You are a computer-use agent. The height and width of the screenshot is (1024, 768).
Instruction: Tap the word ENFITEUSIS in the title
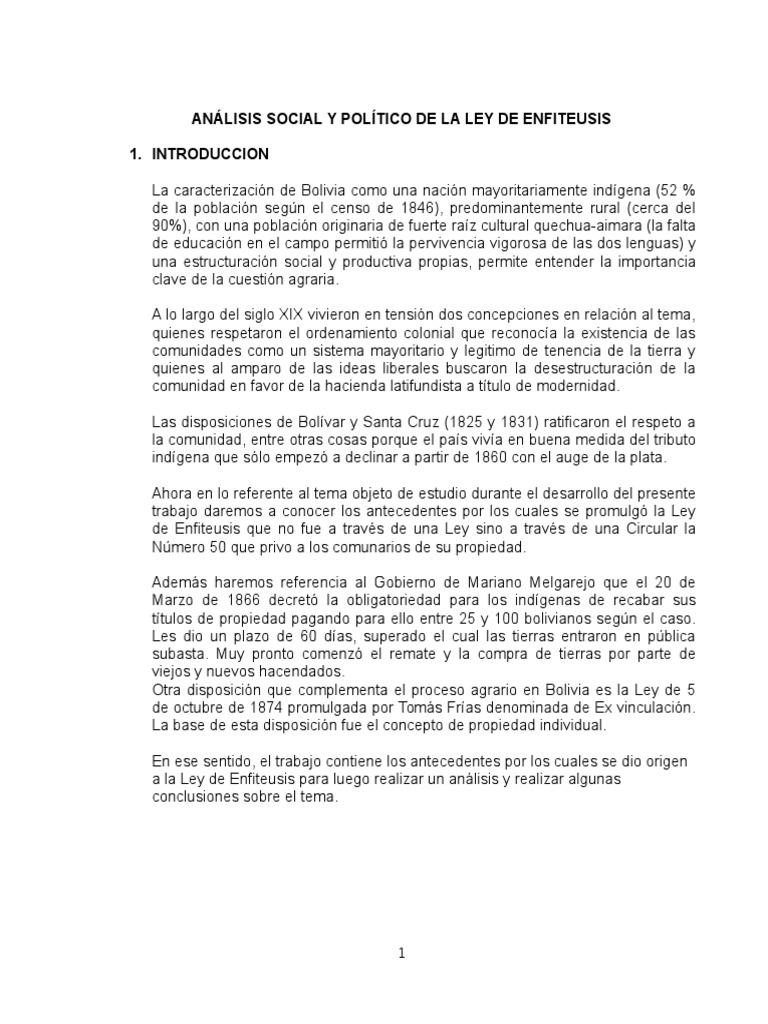[x=568, y=119]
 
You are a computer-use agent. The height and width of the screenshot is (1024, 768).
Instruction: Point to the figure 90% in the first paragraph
[x=167, y=224]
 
